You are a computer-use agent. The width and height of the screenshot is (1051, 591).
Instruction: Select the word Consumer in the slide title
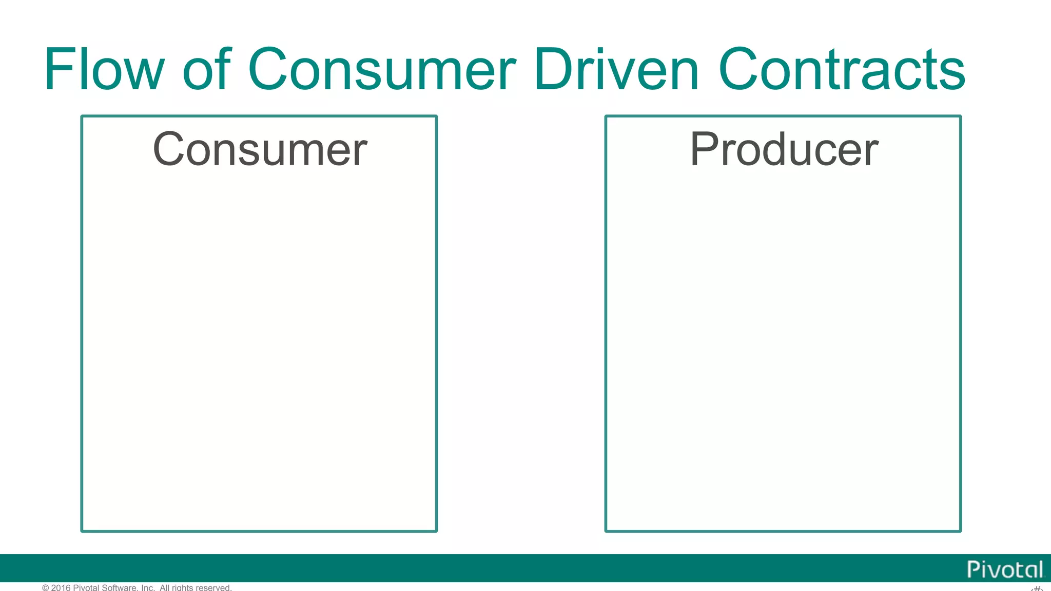click(382, 69)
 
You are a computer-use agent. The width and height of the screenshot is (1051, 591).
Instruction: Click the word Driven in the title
click(616, 69)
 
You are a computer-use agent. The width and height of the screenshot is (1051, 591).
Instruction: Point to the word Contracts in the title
click(842, 69)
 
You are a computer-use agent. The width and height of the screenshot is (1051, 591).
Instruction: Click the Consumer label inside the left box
click(260, 149)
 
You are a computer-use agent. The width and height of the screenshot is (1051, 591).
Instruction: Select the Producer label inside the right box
click(784, 149)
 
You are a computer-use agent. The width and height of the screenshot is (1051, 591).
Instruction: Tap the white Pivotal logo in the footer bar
click(1005, 569)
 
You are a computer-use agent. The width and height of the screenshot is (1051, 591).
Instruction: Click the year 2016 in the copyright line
click(61, 587)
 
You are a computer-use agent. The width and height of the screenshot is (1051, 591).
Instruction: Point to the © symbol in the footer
click(46, 587)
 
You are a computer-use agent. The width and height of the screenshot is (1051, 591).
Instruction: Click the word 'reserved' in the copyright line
click(213, 587)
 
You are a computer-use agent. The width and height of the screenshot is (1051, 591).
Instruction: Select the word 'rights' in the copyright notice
click(182, 587)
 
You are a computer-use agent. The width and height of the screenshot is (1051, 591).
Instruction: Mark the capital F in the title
click(56, 69)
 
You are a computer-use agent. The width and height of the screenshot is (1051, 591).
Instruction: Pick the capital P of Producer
click(703, 149)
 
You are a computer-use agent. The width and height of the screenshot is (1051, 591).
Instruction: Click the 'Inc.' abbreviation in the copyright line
click(148, 587)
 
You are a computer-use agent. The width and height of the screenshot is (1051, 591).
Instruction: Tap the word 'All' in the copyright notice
click(165, 587)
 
